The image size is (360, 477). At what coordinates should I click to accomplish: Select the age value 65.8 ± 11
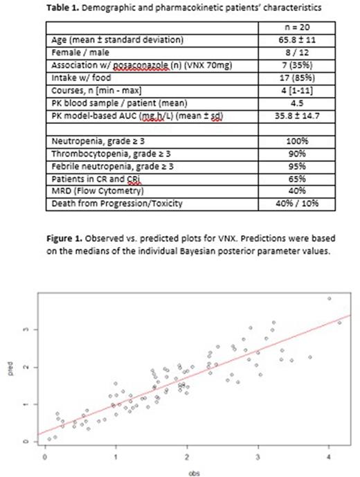(x=301, y=42)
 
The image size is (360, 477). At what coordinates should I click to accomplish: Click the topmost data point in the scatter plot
(x=329, y=298)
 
